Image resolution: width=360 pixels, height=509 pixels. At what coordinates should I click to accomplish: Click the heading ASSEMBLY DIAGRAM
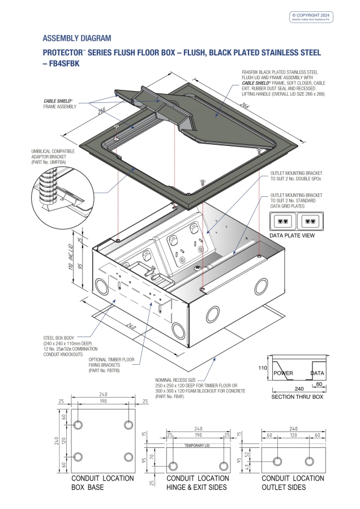point(77,38)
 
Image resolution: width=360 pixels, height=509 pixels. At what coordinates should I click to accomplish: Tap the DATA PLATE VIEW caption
point(292,235)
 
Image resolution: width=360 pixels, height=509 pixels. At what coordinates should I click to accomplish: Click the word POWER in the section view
point(283,373)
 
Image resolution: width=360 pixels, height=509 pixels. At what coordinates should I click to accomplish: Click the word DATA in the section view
point(318,373)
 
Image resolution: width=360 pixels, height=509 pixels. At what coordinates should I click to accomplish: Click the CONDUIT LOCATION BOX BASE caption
point(102,482)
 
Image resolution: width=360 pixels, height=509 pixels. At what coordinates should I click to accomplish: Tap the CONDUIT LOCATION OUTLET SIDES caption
point(294,482)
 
